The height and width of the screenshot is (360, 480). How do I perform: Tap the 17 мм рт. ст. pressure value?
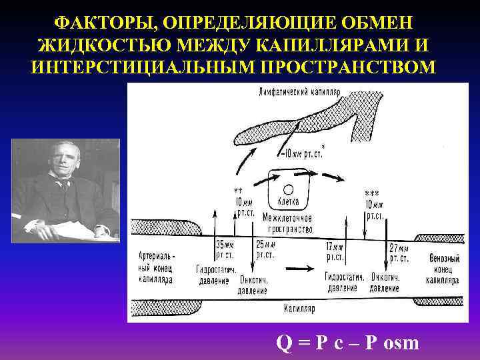pos(335,251)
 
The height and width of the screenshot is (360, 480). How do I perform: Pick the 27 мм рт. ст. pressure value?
pos(399,252)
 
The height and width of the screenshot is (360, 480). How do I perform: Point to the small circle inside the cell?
pos(288,188)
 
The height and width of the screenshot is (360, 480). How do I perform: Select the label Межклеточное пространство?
pos(288,223)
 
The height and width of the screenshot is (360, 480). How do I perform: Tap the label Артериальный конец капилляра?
pos(157,267)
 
